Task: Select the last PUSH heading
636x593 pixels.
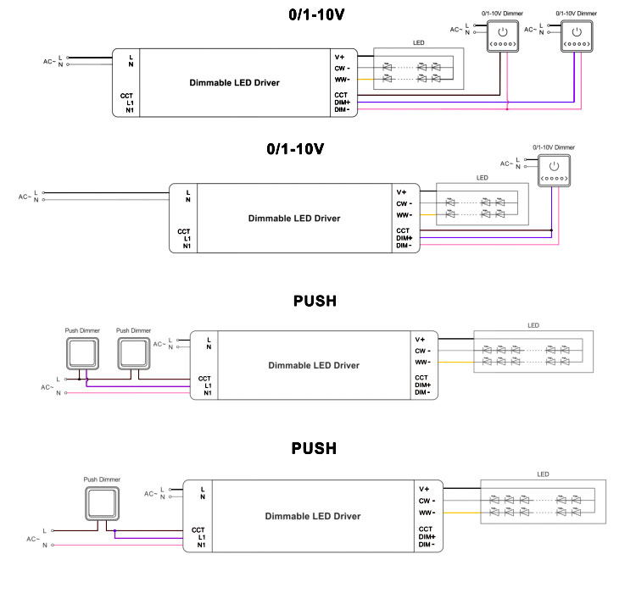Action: [x=315, y=448]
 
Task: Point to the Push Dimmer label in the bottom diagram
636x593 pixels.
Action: [x=101, y=479]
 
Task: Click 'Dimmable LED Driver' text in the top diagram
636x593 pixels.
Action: [x=233, y=83]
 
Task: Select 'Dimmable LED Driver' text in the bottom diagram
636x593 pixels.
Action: [x=313, y=516]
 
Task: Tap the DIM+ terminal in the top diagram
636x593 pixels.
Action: [x=343, y=103]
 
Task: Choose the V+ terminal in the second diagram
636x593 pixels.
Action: [x=403, y=191]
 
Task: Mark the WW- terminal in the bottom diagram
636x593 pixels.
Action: [x=427, y=513]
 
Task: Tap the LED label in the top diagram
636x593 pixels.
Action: [x=419, y=42]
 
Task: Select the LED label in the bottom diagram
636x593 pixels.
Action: [x=544, y=474]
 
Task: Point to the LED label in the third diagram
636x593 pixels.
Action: [x=533, y=325]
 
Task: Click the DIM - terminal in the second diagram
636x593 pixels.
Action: [x=404, y=247]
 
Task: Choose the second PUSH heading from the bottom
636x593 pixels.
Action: [x=315, y=301]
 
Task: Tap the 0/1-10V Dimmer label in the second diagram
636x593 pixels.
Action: [x=550, y=147]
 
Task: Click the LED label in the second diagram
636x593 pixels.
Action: [x=482, y=179]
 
